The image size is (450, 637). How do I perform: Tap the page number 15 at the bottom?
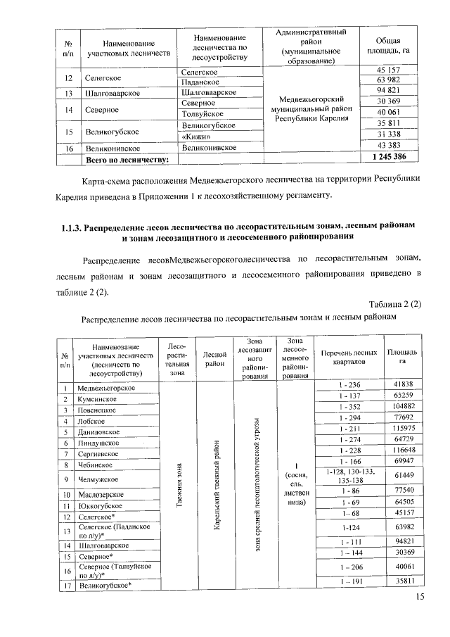pyautogui.click(x=420, y=598)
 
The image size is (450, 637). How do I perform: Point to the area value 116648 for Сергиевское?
pyautogui.click(x=403, y=450)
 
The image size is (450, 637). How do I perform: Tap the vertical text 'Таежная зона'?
pyautogui.click(x=179, y=488)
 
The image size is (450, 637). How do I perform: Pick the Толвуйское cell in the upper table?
pyautogui.click(x=202, y=114)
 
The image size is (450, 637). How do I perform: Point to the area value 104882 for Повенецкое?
pyautogui.click(x=403, y=407)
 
